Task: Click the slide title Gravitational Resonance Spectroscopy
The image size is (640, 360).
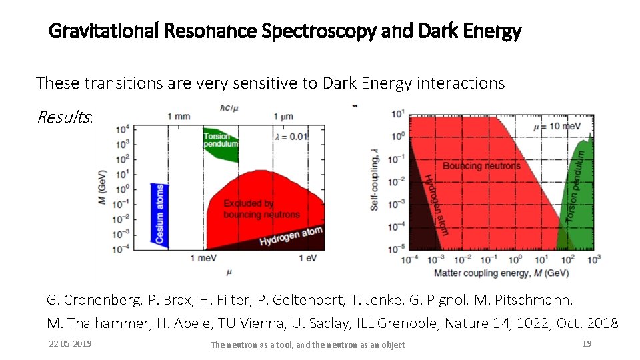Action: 285,31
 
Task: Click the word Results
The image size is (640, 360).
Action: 64,117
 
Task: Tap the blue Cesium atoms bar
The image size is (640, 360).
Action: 160,214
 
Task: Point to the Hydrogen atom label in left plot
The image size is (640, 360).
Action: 291,236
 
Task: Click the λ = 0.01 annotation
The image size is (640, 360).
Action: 291,136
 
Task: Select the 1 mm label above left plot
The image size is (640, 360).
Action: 179,117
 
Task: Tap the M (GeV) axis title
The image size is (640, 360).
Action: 103,187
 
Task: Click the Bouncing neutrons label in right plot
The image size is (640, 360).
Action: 481,165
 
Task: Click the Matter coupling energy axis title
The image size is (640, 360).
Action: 501,273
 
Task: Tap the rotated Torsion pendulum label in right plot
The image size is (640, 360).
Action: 577,187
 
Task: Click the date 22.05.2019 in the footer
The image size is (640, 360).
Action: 71,343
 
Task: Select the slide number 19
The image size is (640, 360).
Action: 587,343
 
